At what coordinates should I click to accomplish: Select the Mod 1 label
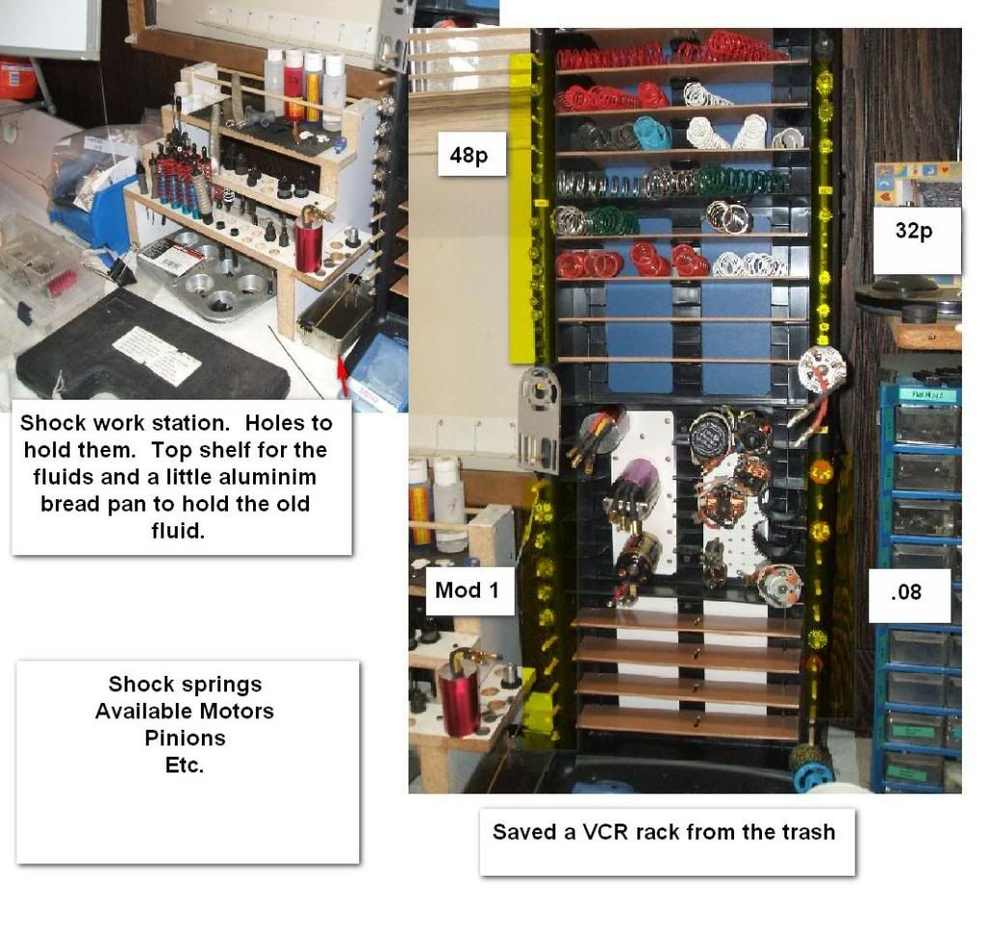[x=468, y=591]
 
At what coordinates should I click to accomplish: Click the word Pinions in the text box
[x=184, y=739]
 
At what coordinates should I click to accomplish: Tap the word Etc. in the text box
[x=184, y=766]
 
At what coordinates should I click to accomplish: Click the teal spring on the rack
[x=653, y=133]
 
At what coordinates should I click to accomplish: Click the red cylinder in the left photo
[x=308, y=242]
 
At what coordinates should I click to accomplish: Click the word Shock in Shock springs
[x=133, y=684]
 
